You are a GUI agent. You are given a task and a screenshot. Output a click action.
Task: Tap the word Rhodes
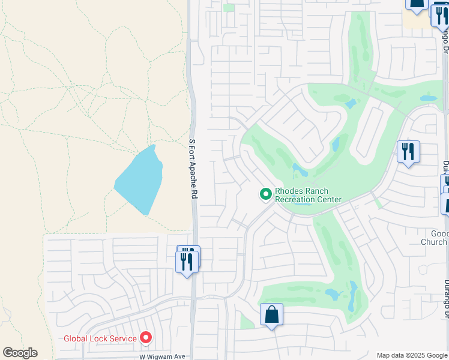[x=289, y=191]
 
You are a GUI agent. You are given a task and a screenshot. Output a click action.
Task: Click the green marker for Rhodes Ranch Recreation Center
[x=265, y=194]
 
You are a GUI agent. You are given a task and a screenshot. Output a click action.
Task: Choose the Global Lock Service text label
[x=100, y=338]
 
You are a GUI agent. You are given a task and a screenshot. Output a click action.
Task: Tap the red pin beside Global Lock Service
[x=145, y=338]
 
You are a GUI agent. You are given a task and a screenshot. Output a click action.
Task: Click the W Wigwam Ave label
[x=162, y=356]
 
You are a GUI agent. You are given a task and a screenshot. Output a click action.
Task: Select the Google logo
[x=20, y=353]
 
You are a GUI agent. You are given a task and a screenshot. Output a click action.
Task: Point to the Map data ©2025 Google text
[x=412, y=355]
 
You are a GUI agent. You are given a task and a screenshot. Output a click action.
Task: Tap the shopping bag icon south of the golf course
[x=271, y=314]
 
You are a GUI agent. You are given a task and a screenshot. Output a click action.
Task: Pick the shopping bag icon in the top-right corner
[x=416, y=4]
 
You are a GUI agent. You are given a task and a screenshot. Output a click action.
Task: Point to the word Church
[x=433, y=242]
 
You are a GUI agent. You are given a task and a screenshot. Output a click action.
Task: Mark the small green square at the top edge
[x=229, y=8]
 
